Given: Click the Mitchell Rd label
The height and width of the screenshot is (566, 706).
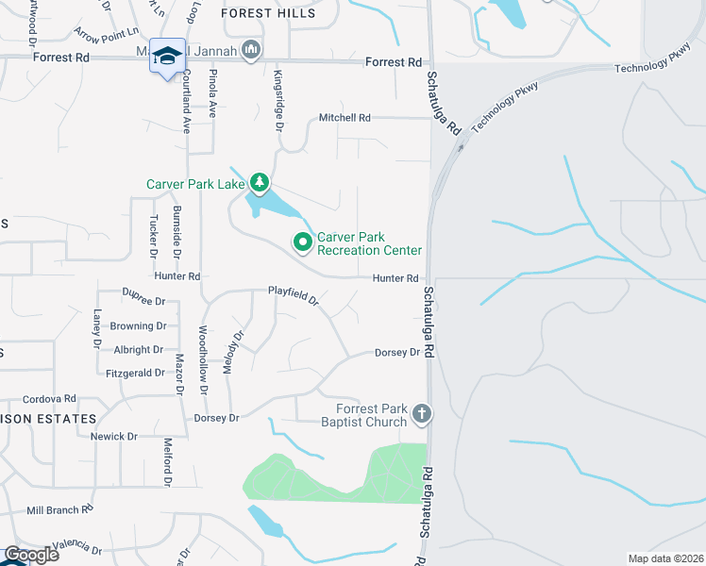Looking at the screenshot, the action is pyautogui.click(x=345, y=118).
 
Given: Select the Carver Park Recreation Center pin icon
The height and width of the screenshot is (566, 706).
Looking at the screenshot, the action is pyautogui.click(x=303, y=242).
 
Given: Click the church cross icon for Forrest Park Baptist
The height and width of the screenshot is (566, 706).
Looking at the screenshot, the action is pyautogui.click(x=422, y=413).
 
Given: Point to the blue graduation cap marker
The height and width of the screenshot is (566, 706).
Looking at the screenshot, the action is pyautogui.click(x=167, y=57).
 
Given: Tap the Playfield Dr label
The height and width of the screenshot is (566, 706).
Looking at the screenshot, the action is pyautogui.click(x=294, y=298).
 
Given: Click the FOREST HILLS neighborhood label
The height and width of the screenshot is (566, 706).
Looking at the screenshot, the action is pyautogui.click(x=268, y=13).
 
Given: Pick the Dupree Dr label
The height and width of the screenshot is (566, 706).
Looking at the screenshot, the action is pyautogui.click(x=144, y=302).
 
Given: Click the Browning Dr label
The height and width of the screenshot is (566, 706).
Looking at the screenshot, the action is pyautogui.click(x=138, y=326).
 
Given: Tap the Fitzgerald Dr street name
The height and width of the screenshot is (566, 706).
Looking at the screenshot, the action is pyautogui.click(x=135, y=374).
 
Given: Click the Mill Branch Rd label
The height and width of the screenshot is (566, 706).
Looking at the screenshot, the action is pyautogui.click(x=59, y=509).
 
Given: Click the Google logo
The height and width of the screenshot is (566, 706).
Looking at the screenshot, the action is pyautogui.click(x=30, y=555).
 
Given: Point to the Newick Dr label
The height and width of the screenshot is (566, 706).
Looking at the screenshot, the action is pyautogui.click(x=114, y=437).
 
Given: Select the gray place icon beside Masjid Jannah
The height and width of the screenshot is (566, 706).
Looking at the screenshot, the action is pyautogui.click(x=250, y=49).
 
